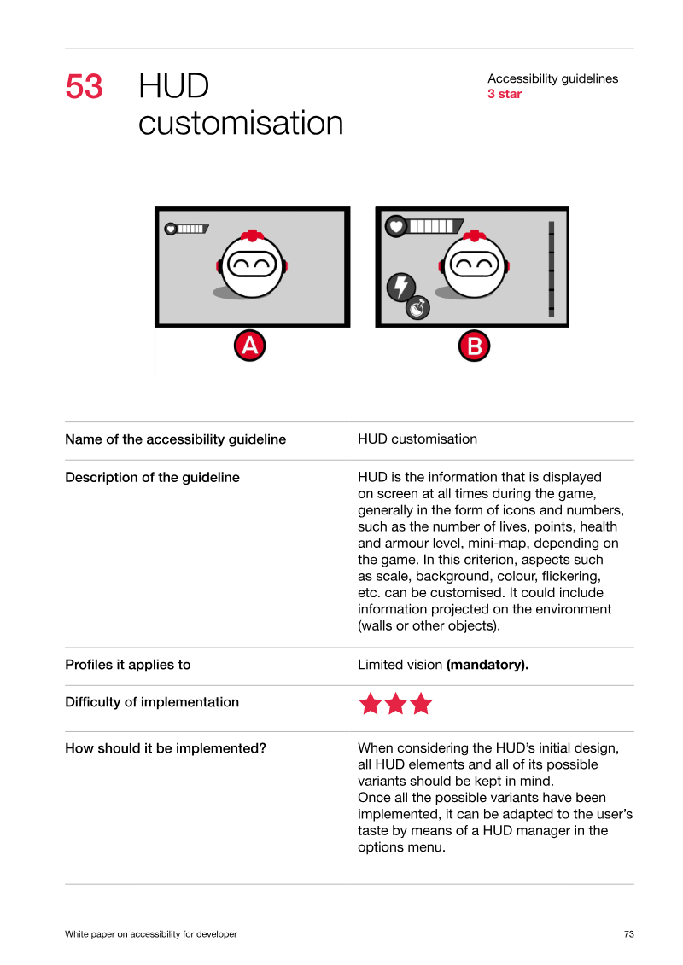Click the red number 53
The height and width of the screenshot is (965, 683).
pos(84,86)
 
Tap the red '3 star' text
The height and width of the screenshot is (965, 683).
pos(505,94)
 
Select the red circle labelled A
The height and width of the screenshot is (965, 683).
pos(249,346)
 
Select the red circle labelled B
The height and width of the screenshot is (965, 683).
pos(474,346)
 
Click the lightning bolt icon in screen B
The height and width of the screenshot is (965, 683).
pos(401,287)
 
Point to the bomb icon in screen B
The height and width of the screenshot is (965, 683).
pos(417,308)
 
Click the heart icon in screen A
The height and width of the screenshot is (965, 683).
pos(171,229)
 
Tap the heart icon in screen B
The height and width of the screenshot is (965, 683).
pos(396,226)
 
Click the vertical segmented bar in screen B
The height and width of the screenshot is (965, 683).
pos(552,269)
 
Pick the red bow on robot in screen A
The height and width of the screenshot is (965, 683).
pos(252,235)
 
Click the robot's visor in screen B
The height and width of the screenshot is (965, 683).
pos(474,265)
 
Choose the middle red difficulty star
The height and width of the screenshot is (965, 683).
pos(395,703)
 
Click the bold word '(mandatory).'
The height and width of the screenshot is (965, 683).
pos(487,665)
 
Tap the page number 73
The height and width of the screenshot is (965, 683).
pos(629,934)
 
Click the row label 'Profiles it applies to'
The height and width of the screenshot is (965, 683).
pos(128,665)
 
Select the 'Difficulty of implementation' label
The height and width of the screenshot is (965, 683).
pos(152,702)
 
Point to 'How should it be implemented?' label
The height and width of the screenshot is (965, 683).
pos(166,748)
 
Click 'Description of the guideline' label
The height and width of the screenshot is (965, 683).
pos(153,478)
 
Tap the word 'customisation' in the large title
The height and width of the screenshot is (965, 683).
pos(241,123)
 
